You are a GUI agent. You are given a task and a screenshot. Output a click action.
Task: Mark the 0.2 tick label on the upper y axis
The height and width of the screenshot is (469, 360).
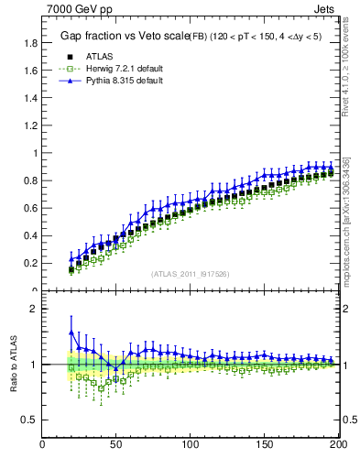(x=30, y=263)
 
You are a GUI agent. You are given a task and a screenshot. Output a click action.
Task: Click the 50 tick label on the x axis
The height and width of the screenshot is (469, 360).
(x=116, y=446)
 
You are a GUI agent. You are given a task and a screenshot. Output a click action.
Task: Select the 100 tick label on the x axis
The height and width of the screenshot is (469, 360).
(x=190, y=446)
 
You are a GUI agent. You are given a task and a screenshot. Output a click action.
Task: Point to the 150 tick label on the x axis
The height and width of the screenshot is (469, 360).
(x=263, y=446)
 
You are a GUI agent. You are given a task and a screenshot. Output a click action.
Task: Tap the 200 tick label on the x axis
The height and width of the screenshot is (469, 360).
(x=335, y=446)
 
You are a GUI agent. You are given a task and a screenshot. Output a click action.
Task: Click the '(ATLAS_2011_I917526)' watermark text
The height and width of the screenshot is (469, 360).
(x=190, y=273)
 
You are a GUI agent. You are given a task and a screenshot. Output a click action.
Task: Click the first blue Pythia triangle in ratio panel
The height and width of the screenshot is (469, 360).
(x=71, y=333)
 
